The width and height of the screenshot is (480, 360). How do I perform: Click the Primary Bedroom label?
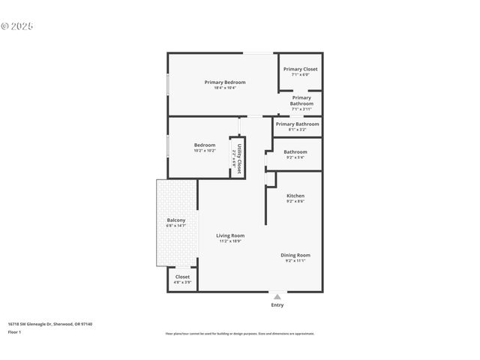click(x=225, y=82)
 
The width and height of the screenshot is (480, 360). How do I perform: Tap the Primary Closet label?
click(x=300, y=69)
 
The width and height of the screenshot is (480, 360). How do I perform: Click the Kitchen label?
click(x=295, y=196)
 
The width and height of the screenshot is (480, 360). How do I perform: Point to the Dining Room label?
click(x=295, y=255)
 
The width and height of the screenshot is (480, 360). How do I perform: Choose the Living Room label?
click(x=230, y=235)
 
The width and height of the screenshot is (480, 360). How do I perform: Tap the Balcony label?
click(x=176, y=220)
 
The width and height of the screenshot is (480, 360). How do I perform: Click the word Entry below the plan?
click(x=277, y=305)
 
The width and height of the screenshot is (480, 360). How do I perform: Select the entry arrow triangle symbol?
click(x=277, y=296)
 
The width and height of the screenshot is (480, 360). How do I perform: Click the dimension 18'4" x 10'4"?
click(x=225, y=88)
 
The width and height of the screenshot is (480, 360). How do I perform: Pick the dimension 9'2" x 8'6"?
click(x=295, y=202)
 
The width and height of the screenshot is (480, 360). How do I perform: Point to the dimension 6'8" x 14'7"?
click(x=176, y=226)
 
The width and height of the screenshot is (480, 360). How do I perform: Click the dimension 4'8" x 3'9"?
click(x=182, y=283)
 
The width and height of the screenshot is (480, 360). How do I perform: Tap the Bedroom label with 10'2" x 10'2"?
click(x=205, y=145)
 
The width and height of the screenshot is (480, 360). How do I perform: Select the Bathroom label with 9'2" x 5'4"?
click(x=295, y=151)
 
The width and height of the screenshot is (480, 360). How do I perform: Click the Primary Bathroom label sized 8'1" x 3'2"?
click(x=297, y=124)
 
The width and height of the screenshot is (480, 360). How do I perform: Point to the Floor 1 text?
click(x=15, y=331)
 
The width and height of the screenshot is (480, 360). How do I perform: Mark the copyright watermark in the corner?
click(x=16, y=25)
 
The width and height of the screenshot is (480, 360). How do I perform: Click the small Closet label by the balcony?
click(x=182, y=277)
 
